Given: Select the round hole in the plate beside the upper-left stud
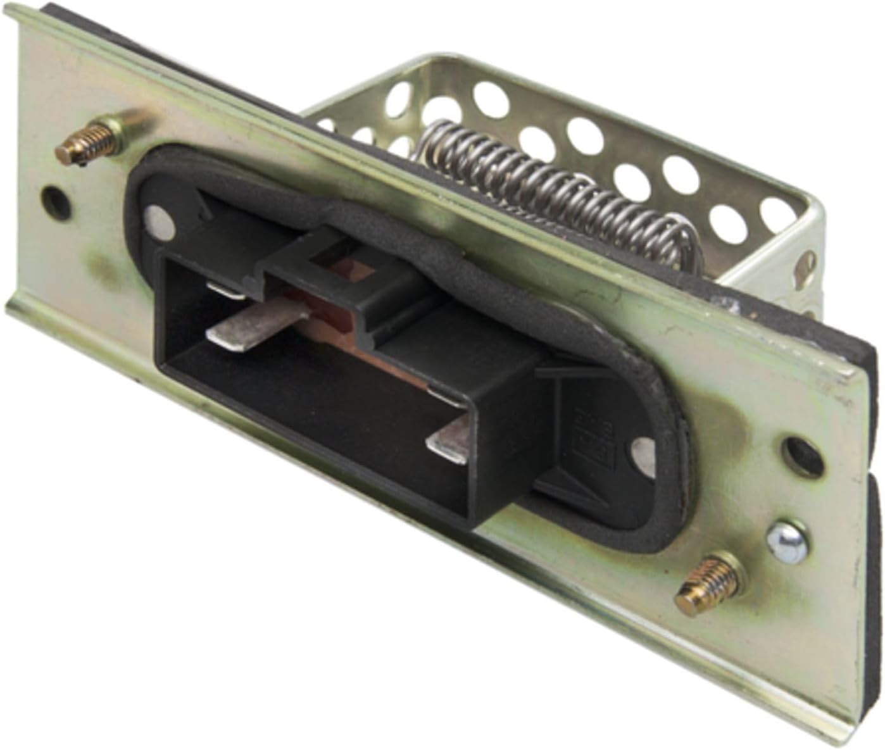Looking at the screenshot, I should [x=56, y=200].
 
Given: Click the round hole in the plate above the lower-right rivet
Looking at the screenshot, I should [x=802, y=455].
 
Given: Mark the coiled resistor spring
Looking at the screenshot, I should [x=557, y=190].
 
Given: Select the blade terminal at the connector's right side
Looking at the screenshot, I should [x=451, y=443].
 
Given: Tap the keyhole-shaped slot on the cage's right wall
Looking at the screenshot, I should [x=806, y=266].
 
